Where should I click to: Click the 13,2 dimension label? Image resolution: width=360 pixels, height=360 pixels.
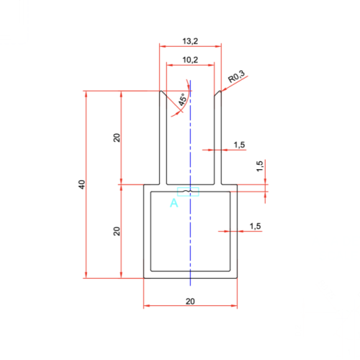coord(190,41)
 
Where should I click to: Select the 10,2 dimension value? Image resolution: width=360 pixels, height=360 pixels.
coord(190,60)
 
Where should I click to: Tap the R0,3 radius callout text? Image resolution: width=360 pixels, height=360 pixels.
coord(236,76)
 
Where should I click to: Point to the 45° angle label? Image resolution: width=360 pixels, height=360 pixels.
coord(182,99)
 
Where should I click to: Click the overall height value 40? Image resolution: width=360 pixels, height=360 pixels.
coord(82,184)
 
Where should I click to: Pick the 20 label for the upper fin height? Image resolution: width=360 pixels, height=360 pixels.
coord(117,138)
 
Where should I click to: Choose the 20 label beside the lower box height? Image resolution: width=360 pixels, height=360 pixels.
coord(117,231)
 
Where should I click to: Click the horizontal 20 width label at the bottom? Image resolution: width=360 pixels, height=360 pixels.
coord(190,301)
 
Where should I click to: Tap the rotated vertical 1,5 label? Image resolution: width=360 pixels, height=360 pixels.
coord(260,166)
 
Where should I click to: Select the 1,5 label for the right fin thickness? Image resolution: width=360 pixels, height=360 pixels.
coord(239,145)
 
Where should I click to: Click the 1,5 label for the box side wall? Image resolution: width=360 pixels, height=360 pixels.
coord(255,226)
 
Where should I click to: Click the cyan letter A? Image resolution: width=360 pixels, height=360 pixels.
coord(174,203)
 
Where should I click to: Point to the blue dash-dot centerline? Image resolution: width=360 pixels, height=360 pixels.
coord(190,183)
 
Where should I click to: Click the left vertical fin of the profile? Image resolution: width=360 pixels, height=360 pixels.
coord(163,138)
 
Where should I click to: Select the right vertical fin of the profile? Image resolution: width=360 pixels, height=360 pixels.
coord(217,138)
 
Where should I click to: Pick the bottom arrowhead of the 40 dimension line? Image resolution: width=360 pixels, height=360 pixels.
coord(86,275)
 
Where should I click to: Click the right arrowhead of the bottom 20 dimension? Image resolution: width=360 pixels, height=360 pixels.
coord(234,306)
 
